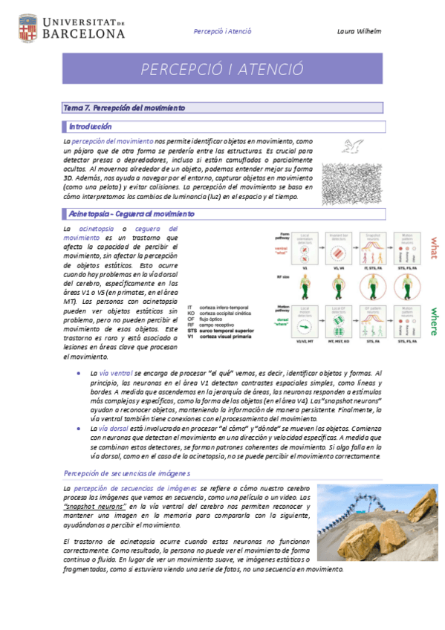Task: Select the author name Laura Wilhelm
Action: pos(359,31)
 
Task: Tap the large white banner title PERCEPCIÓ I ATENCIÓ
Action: pos(223,69)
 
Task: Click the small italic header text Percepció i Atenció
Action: pos(222,31)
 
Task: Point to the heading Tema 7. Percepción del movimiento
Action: pos(124,108)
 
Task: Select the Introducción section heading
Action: pos(90,127)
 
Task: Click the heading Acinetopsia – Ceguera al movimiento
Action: pos(131,214)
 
